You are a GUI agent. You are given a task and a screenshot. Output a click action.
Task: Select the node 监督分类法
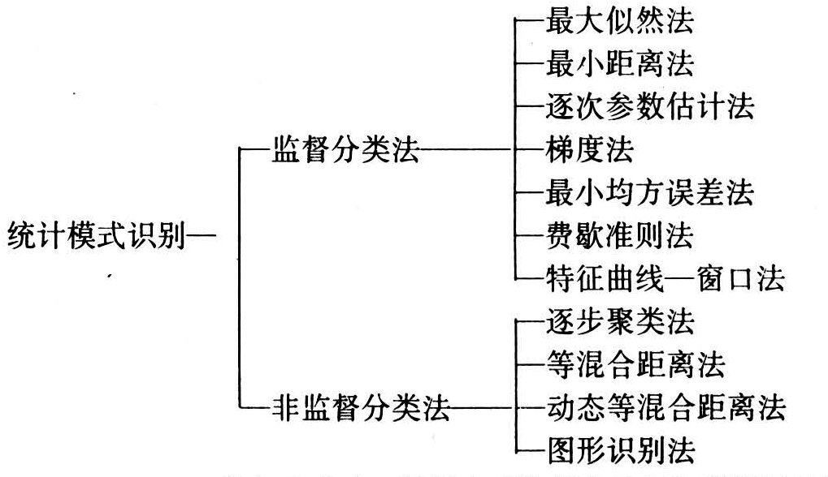click(x=345, y=150)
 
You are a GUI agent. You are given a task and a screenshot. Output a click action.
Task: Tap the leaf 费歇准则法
click(x=620, y=235)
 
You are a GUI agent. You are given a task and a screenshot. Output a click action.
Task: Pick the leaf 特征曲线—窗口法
click(x=665, y=278)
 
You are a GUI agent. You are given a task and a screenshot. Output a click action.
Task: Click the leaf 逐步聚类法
click(x=620, y=321)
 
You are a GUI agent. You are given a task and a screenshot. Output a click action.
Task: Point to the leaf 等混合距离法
click(x=635, y=364)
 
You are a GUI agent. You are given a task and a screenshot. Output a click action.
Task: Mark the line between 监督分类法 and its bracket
click(x=466, y=150)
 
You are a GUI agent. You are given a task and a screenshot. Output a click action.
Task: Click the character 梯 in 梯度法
click(x=561, y=149)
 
